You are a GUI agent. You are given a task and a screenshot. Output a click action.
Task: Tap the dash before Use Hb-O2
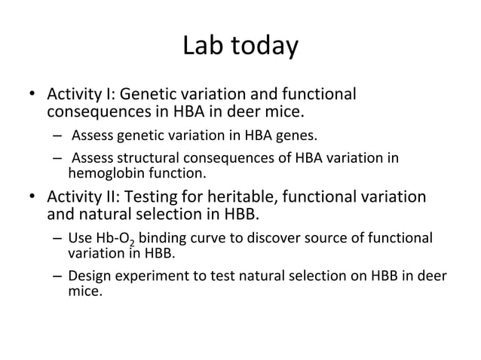click(57, 239)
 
